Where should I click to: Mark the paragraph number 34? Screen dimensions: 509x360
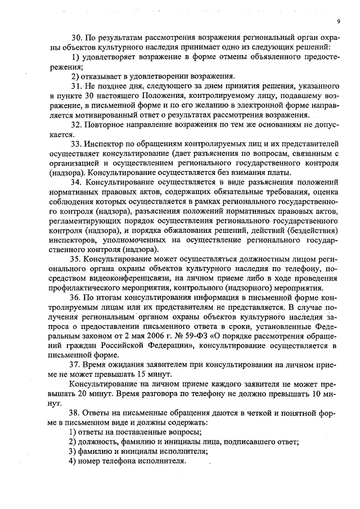[76, 183]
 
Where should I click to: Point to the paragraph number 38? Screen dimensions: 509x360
[76, 412]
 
